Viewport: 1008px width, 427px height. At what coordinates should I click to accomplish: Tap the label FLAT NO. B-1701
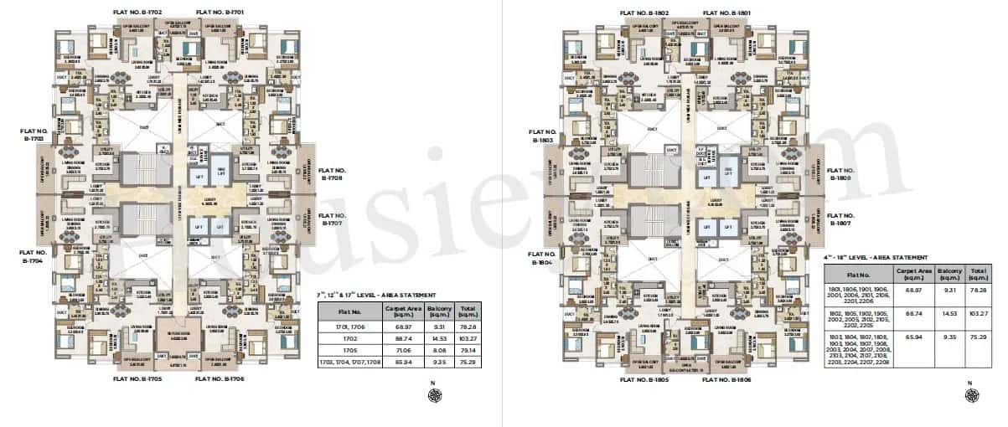[220, 13]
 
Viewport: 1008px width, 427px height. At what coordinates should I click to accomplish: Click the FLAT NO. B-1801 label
[726, 13]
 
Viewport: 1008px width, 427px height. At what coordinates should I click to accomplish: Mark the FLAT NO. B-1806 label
[726, 380]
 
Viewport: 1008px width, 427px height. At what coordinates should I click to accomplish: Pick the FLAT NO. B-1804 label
[545, 257]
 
